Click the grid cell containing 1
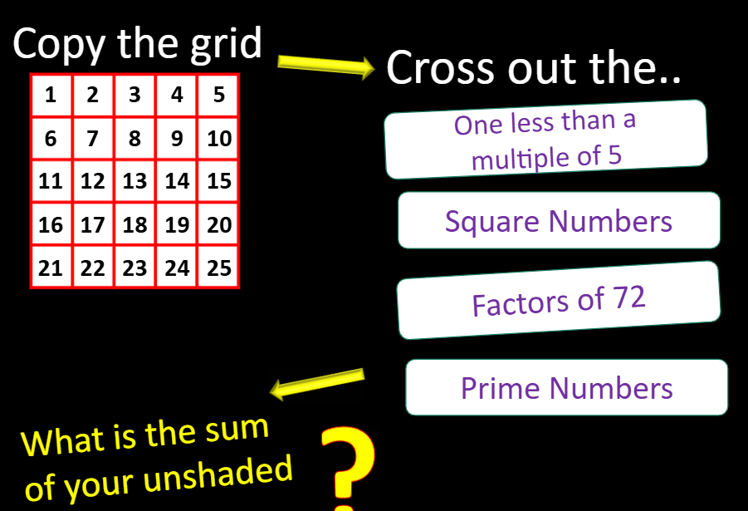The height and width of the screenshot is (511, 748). pos(51,95)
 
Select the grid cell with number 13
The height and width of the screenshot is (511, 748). pos(134,181)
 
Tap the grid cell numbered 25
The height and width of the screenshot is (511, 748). pos(219,268)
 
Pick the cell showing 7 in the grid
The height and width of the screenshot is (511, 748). pos(93,138)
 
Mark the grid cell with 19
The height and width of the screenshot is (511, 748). pos(177,224)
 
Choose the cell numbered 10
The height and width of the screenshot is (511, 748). pos(219,138)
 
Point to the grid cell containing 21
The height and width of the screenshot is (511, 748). pos(51,268)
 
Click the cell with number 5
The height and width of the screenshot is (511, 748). pos(219,95)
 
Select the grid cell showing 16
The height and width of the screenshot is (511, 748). pos(51,224)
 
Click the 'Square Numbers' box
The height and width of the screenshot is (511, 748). pos(559,221)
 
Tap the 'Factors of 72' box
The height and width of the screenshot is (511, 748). pos(559,301)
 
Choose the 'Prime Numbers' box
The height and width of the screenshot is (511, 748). pos(566,388)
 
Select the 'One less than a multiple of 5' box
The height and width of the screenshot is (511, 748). pos(546,140)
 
